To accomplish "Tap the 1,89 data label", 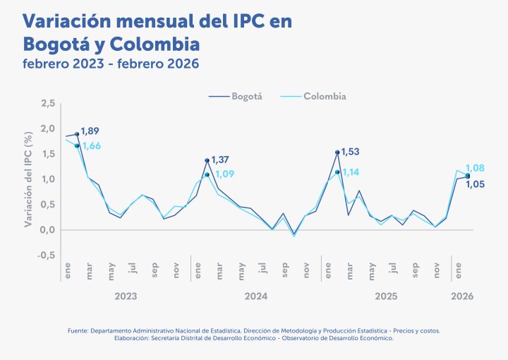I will click(90, 131).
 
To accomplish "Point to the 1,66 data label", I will click(92, 146).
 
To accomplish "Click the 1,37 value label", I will click(221, 160).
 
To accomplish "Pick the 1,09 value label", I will click(224, 174).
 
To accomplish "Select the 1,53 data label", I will click(351, 152).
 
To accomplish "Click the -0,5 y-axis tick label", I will click(47, 256).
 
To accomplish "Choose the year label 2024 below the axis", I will click(255, 297).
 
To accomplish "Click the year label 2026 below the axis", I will click(462, 297).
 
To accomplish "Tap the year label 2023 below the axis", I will click(126, 297).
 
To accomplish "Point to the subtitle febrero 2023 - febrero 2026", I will click(111, 64).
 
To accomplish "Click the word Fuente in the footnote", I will click(78, 330).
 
